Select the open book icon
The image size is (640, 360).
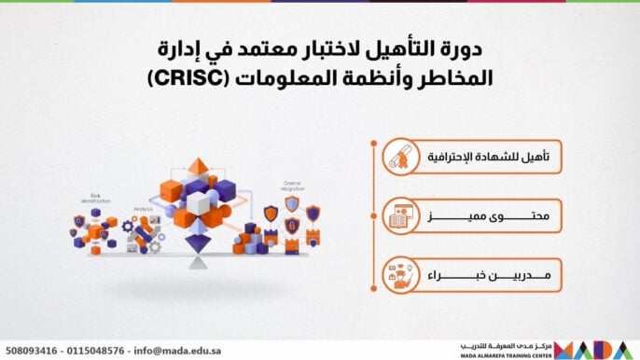pos(402,218)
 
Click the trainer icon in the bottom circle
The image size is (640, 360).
pos(402,277)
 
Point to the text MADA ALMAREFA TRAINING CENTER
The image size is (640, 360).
pos(508,354)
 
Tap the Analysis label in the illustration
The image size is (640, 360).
pos(142,209)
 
